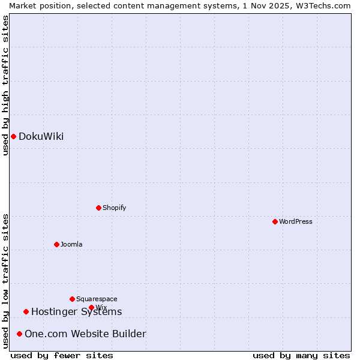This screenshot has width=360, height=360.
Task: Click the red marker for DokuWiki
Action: point(13,136)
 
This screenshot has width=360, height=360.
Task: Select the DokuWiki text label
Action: point(41,136)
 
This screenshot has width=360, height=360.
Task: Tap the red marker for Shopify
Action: point(98,208)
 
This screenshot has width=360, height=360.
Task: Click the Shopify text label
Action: point(114,208)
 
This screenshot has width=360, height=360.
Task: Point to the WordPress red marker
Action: point(275,221)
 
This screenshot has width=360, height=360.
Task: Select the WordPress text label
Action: point(295,221)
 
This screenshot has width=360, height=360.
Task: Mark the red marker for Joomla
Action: point(56,244)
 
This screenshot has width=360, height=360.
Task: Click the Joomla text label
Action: point(71,244)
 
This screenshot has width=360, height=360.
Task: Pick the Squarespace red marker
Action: point(72,299)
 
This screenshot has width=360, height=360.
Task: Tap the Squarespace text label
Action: point(97,299)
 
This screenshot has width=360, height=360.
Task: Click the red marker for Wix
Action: point(91,307)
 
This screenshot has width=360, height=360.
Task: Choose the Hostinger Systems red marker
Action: point(26,311)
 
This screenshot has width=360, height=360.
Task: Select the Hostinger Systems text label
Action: point(76,311)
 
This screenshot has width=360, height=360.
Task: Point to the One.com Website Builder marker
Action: point(19,334)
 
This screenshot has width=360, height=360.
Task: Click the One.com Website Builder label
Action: point(85,334)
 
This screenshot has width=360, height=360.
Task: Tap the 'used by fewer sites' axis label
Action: point(62,355)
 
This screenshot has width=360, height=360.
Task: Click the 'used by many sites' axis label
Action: point(301,355)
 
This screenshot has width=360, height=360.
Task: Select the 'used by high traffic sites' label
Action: point(5,85)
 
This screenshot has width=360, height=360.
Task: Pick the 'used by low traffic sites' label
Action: point(5,281)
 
